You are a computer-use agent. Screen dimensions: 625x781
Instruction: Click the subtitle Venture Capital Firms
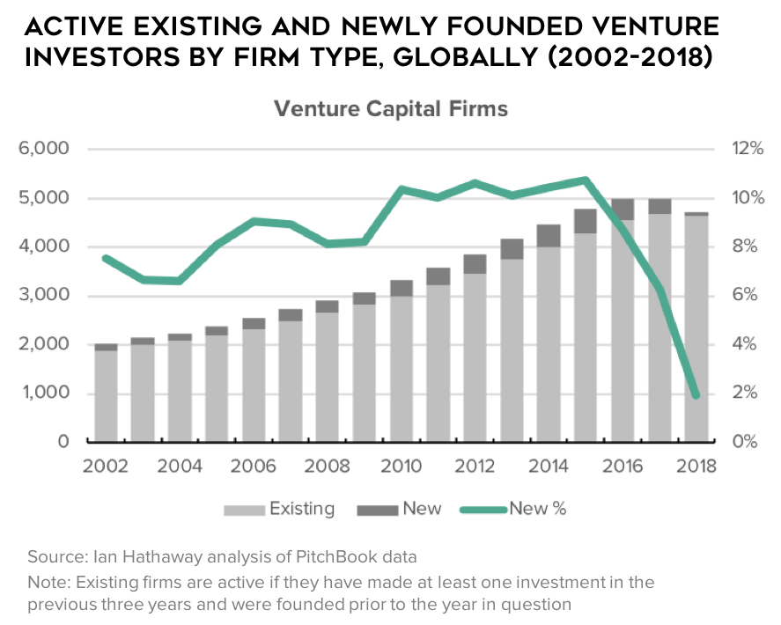point(391,109)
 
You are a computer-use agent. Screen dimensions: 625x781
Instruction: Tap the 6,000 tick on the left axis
point(44,149)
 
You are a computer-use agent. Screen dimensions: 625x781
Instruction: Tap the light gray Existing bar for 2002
point(107,396)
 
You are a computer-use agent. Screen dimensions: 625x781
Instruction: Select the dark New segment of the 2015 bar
point(586,221)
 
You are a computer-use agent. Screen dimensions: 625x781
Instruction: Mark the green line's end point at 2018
point(696,395)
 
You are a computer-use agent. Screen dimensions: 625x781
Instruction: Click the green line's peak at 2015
point(585,180)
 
